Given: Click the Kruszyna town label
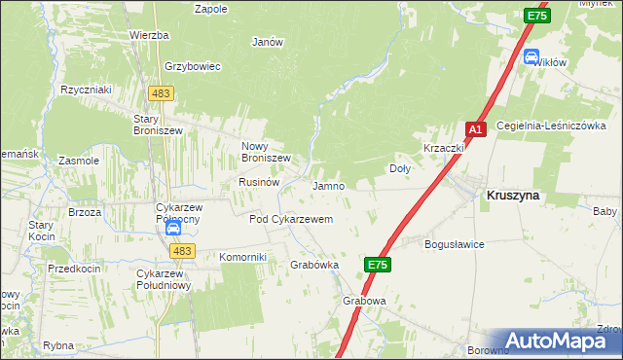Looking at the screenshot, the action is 513,195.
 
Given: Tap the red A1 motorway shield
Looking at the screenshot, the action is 475,129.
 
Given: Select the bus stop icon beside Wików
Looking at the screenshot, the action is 531,56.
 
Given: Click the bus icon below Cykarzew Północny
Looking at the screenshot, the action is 172,230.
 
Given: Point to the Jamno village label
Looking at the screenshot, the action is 328,185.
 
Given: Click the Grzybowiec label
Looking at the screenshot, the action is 195,66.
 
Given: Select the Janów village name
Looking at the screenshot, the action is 268,42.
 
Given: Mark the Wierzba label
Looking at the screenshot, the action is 149,35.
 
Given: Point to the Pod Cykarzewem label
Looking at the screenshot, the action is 291,219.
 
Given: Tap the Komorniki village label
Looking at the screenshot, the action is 242,256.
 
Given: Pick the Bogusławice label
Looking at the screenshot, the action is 455,244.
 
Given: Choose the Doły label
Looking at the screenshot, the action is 400,167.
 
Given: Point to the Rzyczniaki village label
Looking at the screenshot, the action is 86,89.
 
